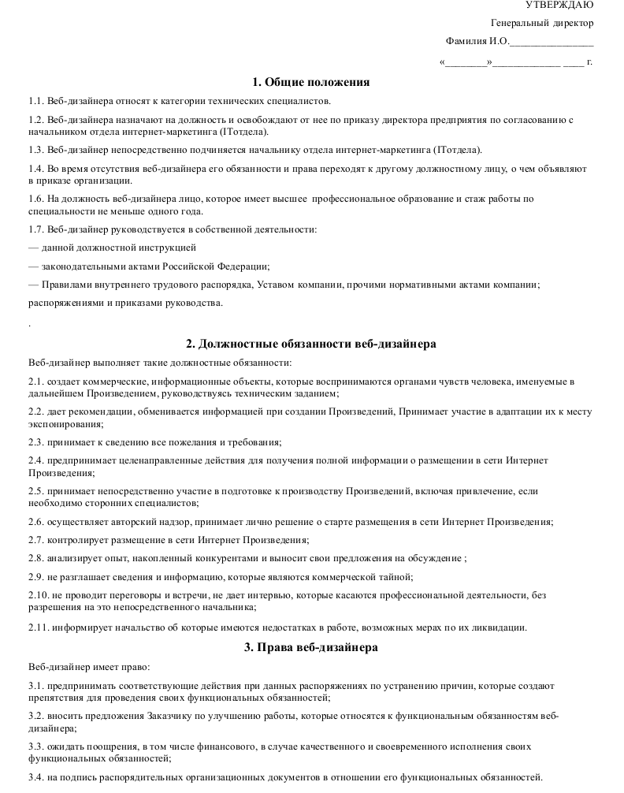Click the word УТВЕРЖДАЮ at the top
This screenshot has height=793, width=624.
[x=560, y=6]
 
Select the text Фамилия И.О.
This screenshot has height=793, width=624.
[x=477, y=41]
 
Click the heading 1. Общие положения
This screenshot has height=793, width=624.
[x=310, y=82]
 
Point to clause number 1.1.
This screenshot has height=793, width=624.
[x=35, y=101]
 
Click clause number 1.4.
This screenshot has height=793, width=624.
[x=35, y=169]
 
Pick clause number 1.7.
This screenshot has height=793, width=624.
[x=35, y=229]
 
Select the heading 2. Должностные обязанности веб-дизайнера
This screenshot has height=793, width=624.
[x=310, y=344]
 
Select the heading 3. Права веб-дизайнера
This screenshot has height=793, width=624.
[x=310, y=647]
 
